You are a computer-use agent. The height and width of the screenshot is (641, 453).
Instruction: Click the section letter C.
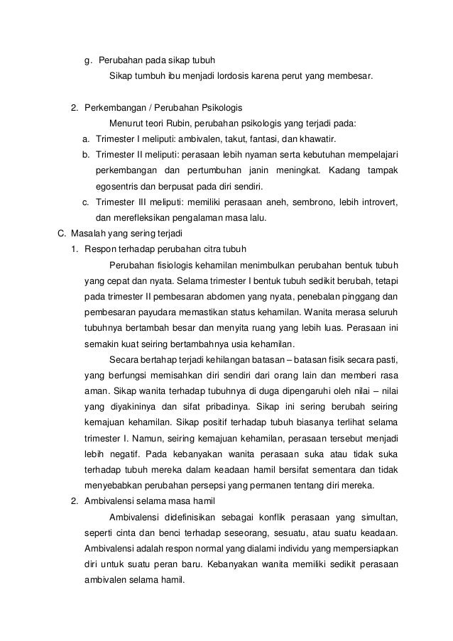pos(60,232)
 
